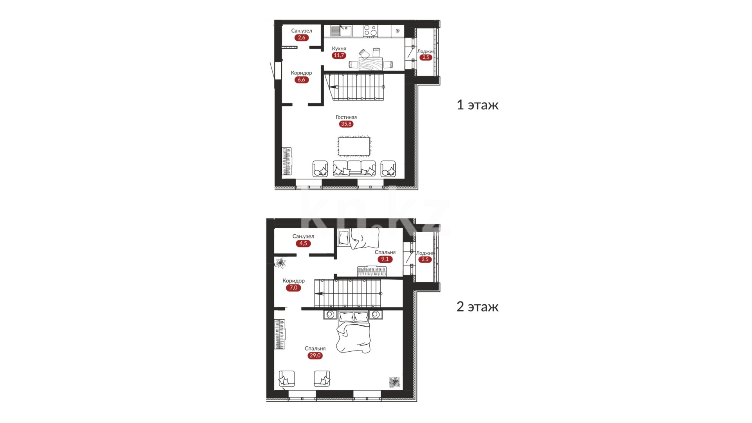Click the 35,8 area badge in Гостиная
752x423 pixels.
346,124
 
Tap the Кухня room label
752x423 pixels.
339,49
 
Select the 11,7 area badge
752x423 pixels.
339,55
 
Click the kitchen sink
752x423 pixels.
341,31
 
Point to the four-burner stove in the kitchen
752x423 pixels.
370,31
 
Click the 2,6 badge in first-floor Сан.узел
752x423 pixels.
302,38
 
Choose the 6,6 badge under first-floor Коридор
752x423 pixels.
301,80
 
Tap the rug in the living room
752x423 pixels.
354,146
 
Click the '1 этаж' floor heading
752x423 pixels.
477,105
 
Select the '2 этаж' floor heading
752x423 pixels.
477,307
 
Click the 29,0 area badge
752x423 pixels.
315,356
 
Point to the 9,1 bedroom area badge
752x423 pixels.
385,259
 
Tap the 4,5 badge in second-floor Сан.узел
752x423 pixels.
303,244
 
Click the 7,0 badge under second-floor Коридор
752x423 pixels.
293,288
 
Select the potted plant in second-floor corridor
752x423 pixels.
280,263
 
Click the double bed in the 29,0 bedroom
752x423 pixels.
354,332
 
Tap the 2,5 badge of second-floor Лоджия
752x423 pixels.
425,260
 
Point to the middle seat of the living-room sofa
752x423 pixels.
354,167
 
